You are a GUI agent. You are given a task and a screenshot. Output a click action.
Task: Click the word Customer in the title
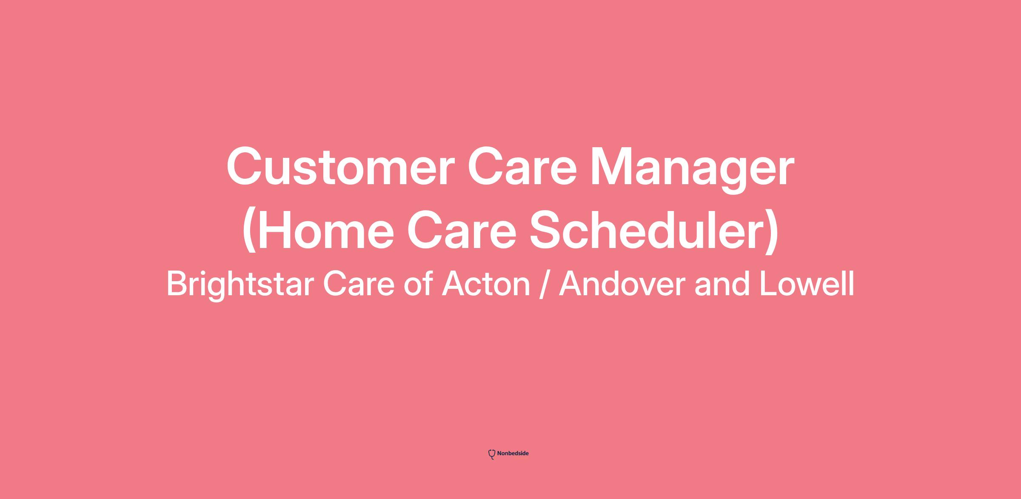(x=341, y=166)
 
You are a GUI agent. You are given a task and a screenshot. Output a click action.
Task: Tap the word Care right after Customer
(x=522, y=166)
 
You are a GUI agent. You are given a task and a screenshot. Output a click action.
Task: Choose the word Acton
(x=486, y=284)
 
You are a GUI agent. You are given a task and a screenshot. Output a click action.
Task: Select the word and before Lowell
(x=722, y=284)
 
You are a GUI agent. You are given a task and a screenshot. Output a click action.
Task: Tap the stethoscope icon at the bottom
(x=492, y=454)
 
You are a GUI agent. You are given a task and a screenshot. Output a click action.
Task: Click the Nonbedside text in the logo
(x=513, y=453)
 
